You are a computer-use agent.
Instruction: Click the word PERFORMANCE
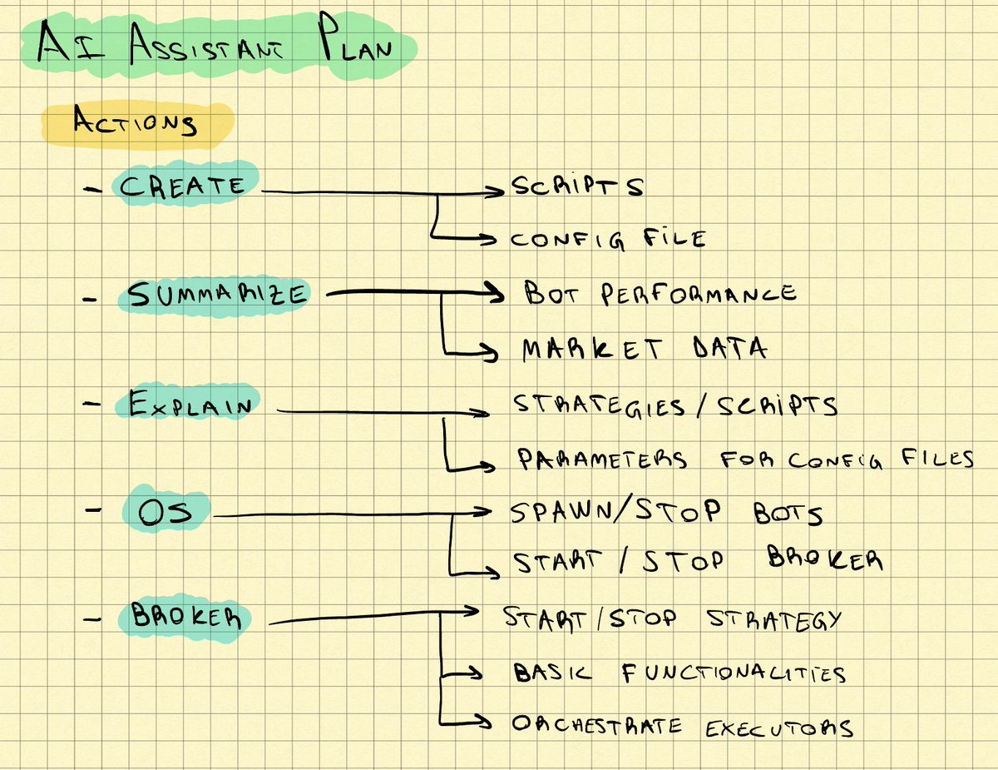[699, 293]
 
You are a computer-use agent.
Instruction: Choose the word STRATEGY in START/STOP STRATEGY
[773, 619]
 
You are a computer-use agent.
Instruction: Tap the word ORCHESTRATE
[596, 725]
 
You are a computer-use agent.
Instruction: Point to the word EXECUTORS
[779, 728]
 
